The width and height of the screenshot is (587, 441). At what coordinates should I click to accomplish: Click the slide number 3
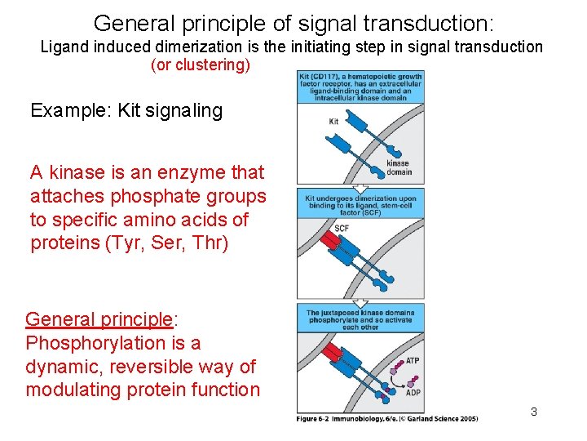(533, 412)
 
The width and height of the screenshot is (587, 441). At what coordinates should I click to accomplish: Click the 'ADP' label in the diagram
(413, 393)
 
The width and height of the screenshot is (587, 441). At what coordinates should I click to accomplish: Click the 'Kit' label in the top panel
(333, 122)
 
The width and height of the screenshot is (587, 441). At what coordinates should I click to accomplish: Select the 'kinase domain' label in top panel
(399, 168)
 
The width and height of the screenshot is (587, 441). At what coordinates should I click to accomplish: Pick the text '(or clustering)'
(201, 65)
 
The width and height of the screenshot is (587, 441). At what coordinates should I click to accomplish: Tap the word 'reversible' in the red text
(145, 367)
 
